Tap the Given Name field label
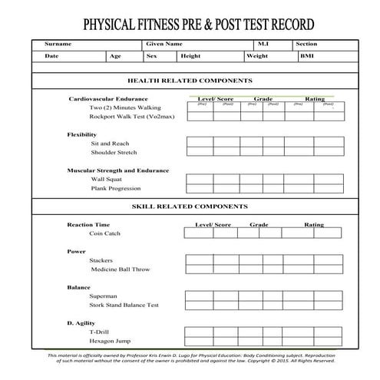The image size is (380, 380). [164, 45]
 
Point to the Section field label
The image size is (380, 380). [306, 45]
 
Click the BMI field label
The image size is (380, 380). [307, 56]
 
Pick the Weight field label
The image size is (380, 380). [257, 56]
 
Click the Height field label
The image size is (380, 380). [190, 56]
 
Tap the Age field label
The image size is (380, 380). [115, 56]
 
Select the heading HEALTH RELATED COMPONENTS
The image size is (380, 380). [189, 81]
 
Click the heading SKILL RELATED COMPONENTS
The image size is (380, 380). [190, 207]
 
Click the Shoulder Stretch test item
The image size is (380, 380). [114, 152]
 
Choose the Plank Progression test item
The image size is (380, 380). [115, 188]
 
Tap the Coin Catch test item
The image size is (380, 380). [104, 233]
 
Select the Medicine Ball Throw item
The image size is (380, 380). [120, 269]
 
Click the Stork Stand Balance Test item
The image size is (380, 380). [124, 305]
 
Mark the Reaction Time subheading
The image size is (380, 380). [88, 225]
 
